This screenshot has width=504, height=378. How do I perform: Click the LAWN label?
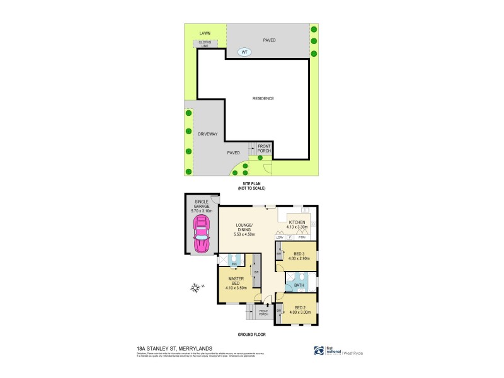205,33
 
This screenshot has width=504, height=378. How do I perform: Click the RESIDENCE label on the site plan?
263,99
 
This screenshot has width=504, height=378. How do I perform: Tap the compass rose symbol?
197,288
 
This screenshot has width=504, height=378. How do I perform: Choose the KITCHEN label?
297,222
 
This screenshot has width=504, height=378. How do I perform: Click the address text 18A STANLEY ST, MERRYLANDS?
174,348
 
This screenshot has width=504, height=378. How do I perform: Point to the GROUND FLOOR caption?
251,334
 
